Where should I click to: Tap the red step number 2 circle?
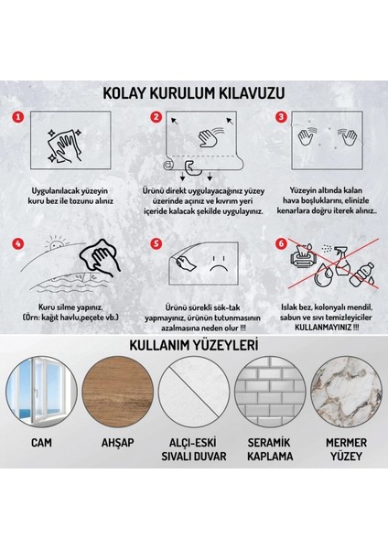156,117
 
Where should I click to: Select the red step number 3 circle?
281,117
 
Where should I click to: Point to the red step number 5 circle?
156,244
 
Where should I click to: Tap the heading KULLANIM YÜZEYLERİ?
193,371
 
